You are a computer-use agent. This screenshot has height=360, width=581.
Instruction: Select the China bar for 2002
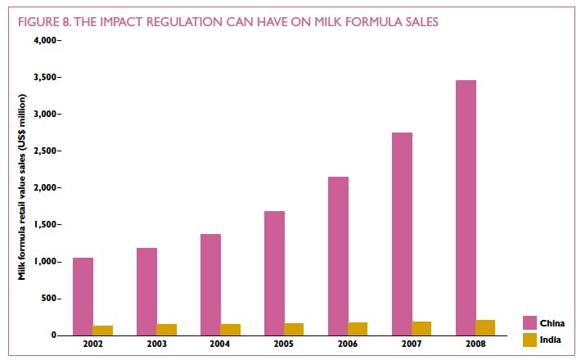point(83,296)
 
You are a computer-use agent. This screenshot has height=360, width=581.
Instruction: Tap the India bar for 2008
point(485,327)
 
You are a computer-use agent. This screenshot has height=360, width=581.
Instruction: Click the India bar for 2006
point(358,328)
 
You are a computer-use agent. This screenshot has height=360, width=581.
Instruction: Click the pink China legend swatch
point(529,322)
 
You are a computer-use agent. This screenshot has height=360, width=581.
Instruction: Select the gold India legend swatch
point(529,339)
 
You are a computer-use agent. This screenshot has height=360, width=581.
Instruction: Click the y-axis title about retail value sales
point(23,187)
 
